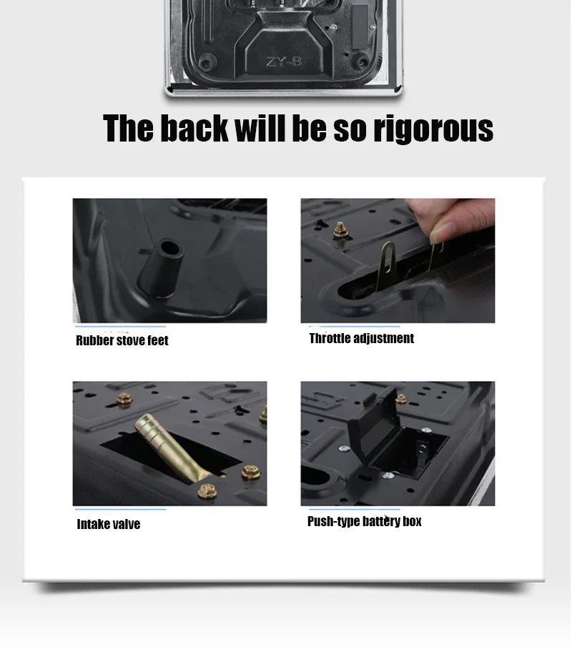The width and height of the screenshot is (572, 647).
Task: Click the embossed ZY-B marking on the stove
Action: pyautogui.click(x=284, y=62)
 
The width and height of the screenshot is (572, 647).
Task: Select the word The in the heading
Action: pyautogui.click(x=129, y=129)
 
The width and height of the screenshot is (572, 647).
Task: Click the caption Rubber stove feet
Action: pyautogui.click(x=122, y=341)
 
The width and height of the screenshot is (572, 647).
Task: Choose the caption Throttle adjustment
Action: pyautogui.click(x=361, y=339)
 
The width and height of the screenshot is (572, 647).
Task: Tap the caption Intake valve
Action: pyautogui.click(x=109, y=525)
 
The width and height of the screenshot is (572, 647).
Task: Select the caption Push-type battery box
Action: pyautogui.click(x=365, y=521)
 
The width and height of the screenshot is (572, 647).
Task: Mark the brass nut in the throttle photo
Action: pyautogui.click(x=340, y=229)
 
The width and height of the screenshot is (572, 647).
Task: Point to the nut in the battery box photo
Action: pyautogui.click(x=401, y=398)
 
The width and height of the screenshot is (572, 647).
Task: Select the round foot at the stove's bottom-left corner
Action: pyautogui.click(x=206, y=63)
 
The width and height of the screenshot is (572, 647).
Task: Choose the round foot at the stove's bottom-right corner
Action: pyautogui.click(x=363, y=62)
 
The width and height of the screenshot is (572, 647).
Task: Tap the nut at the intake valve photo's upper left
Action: pyautogui.click(x=124, y=399)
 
